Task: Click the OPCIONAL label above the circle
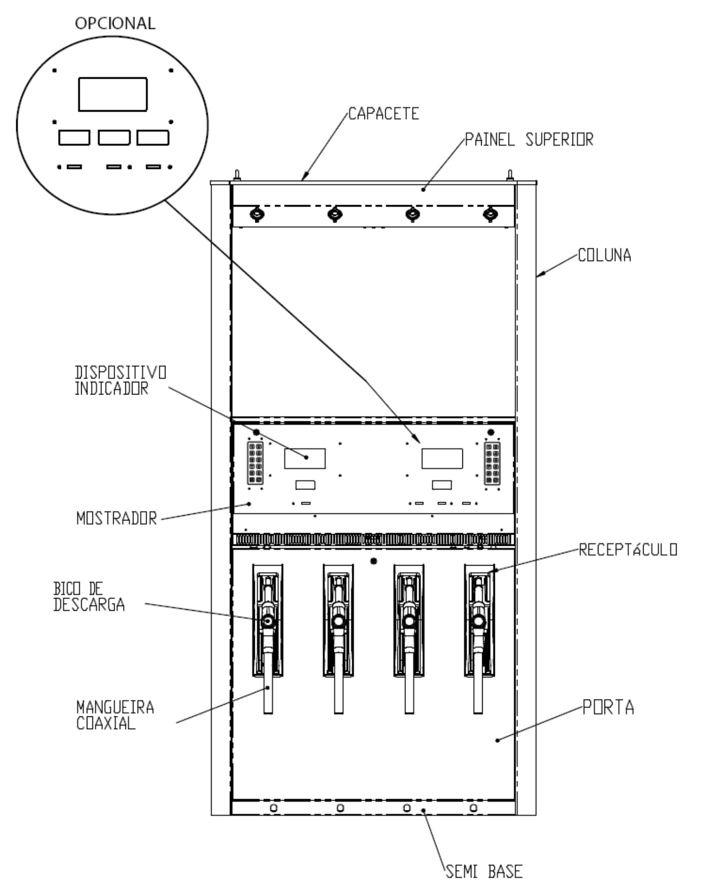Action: tap(115, 23)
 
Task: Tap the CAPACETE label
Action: tap(384, 114)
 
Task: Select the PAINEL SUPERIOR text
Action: tap(529, 140)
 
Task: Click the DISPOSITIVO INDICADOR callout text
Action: tap(121, 380)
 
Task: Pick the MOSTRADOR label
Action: tap(117, 518)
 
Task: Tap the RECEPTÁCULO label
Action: tap(628, 550)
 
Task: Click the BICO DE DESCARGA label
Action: tap(89, 597)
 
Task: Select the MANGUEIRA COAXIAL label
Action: tap(115, 715)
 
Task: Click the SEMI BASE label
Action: tap(484, 871)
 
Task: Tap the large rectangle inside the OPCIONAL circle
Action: tap(113, 94)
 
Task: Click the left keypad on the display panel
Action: tap(255, 463)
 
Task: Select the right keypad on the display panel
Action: tap(492, 463)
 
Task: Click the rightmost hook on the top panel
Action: tap(490, 214)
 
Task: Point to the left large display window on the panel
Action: tap(305, 458)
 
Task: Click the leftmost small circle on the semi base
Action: tap(274, 808)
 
